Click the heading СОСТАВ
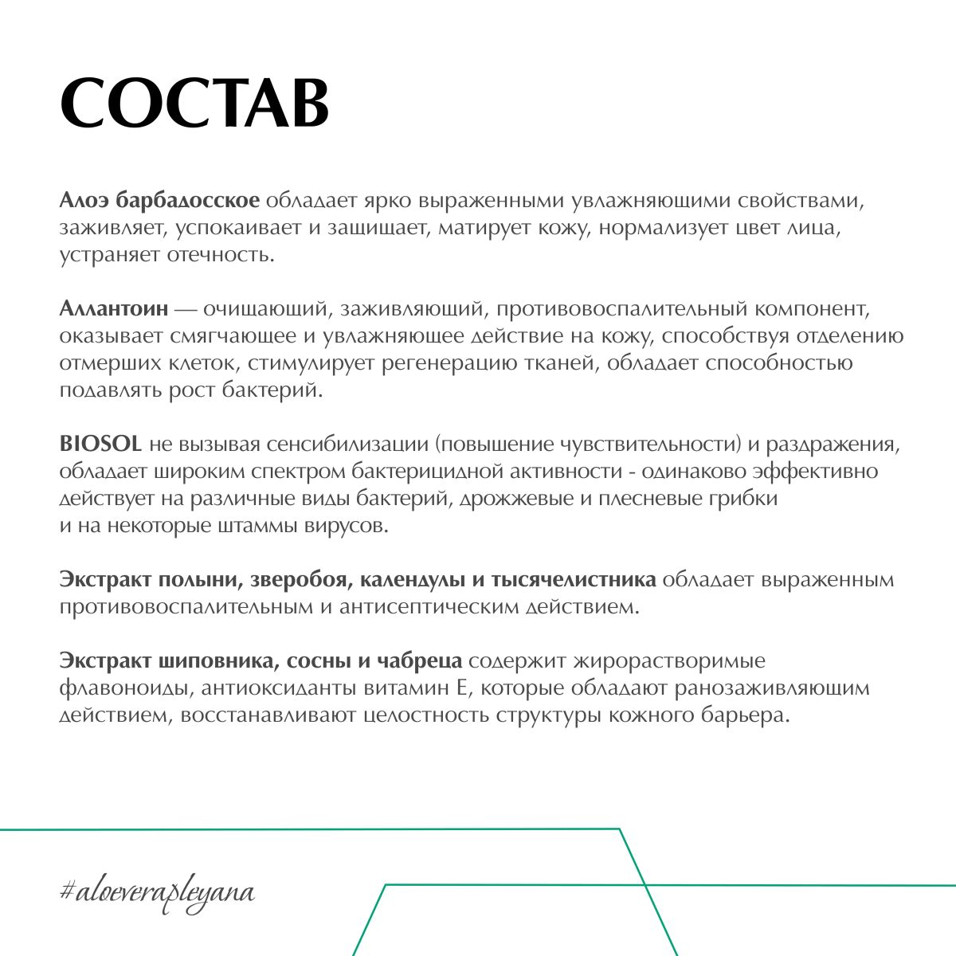(x=194, y=104)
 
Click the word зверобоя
(x=292, y=580)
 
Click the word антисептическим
(x=426, y=607)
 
